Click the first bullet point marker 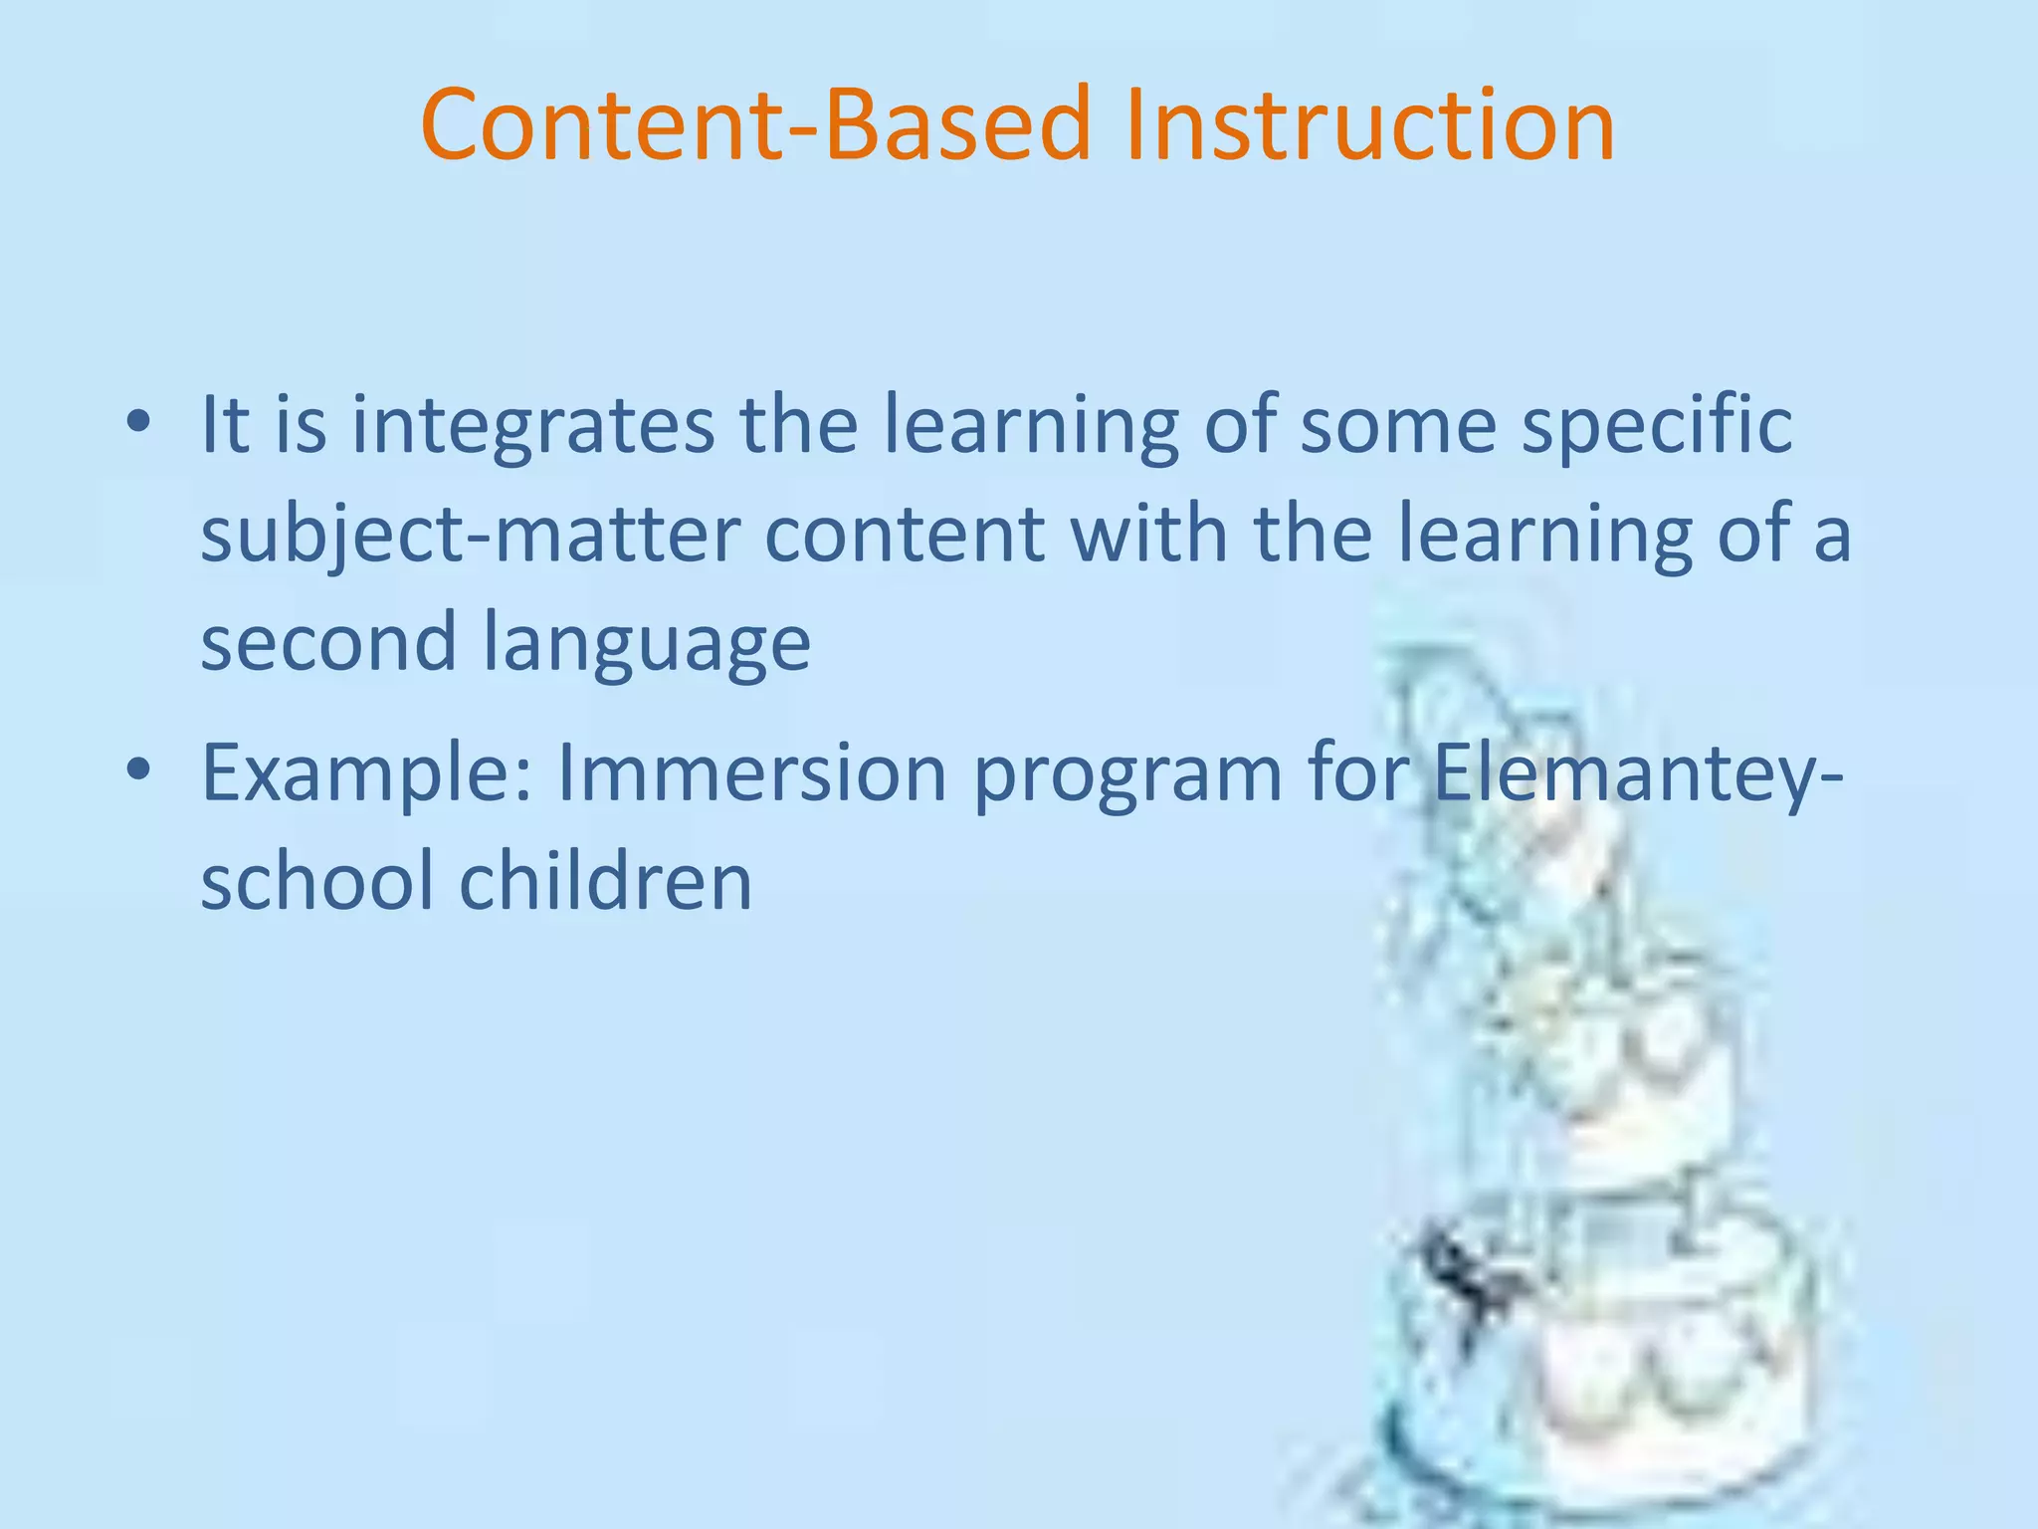pos(139,422)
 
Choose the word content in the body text pos(904,536)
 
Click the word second pos(327,643)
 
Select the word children pos(605,882)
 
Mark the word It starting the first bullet pos(225,426)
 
